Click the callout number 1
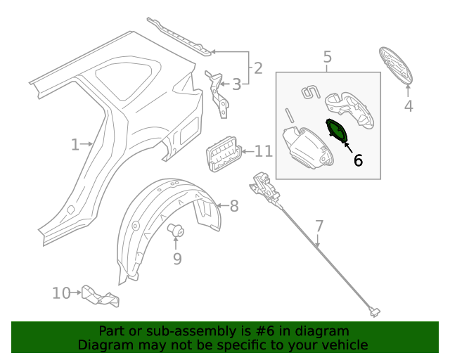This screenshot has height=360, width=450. [x=75, y=145]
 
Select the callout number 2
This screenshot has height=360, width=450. [x=258, y=68]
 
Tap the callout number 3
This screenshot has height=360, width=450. [x=236, y=84]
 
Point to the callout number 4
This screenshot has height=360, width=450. [x=409, y=106]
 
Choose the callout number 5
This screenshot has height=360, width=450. [x=327, y=56]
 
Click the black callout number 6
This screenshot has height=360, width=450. [x=358, y=160]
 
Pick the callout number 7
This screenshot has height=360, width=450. [x=319, y=226]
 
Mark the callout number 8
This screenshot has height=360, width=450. [x=234, y=206]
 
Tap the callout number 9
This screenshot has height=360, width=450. [x=177, y=259]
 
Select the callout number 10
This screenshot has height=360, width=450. [x=61, y=292]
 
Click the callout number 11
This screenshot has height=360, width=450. [x=263, y=151]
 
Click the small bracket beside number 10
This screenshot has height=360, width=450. [x=99, y=296]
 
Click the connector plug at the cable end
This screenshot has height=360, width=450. [x=375, y=309]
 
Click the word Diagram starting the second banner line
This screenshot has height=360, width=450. [x=104, y=345]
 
